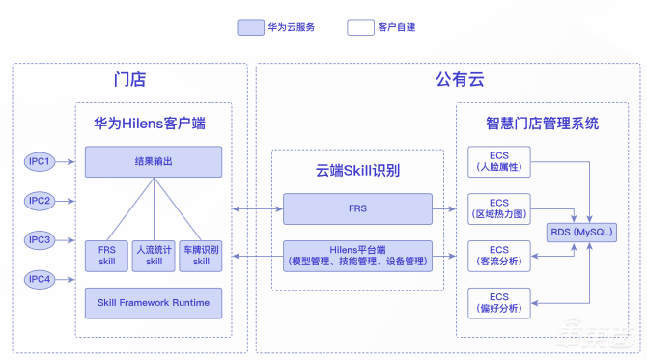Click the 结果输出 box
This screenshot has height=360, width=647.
[154, 161]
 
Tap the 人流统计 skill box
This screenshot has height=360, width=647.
[154, 256]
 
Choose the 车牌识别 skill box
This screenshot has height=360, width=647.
[200, 256]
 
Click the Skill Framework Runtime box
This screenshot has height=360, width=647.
[154, 303]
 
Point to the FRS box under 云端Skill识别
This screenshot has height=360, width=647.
[357, 208]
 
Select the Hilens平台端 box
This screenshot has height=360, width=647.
[357, 256]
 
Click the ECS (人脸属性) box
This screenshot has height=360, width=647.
[499, 161]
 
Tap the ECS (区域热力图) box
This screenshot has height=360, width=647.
[499, 208]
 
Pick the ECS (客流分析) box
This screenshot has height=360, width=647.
[499, 256]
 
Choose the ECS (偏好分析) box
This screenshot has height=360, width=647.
[499, 303]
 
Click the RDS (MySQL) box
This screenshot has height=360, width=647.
[581, 233]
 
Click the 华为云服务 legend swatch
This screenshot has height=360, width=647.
[250, 28]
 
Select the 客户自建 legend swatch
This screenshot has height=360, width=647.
[360, 28]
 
